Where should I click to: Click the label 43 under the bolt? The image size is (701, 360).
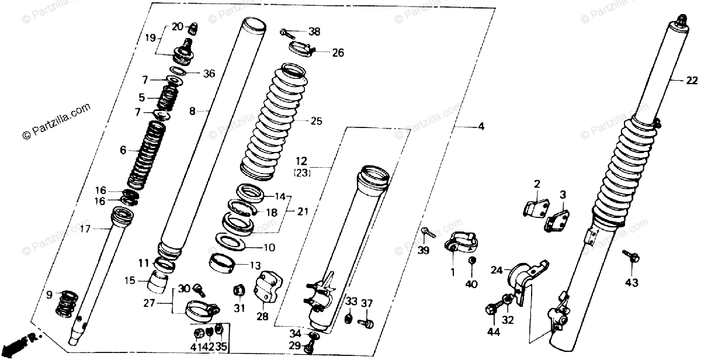coord(631,283)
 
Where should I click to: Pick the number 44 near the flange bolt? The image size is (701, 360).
coord(494,332)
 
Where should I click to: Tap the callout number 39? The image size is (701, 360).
coord(423,251)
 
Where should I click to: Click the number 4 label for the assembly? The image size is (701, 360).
coord(481,126)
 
